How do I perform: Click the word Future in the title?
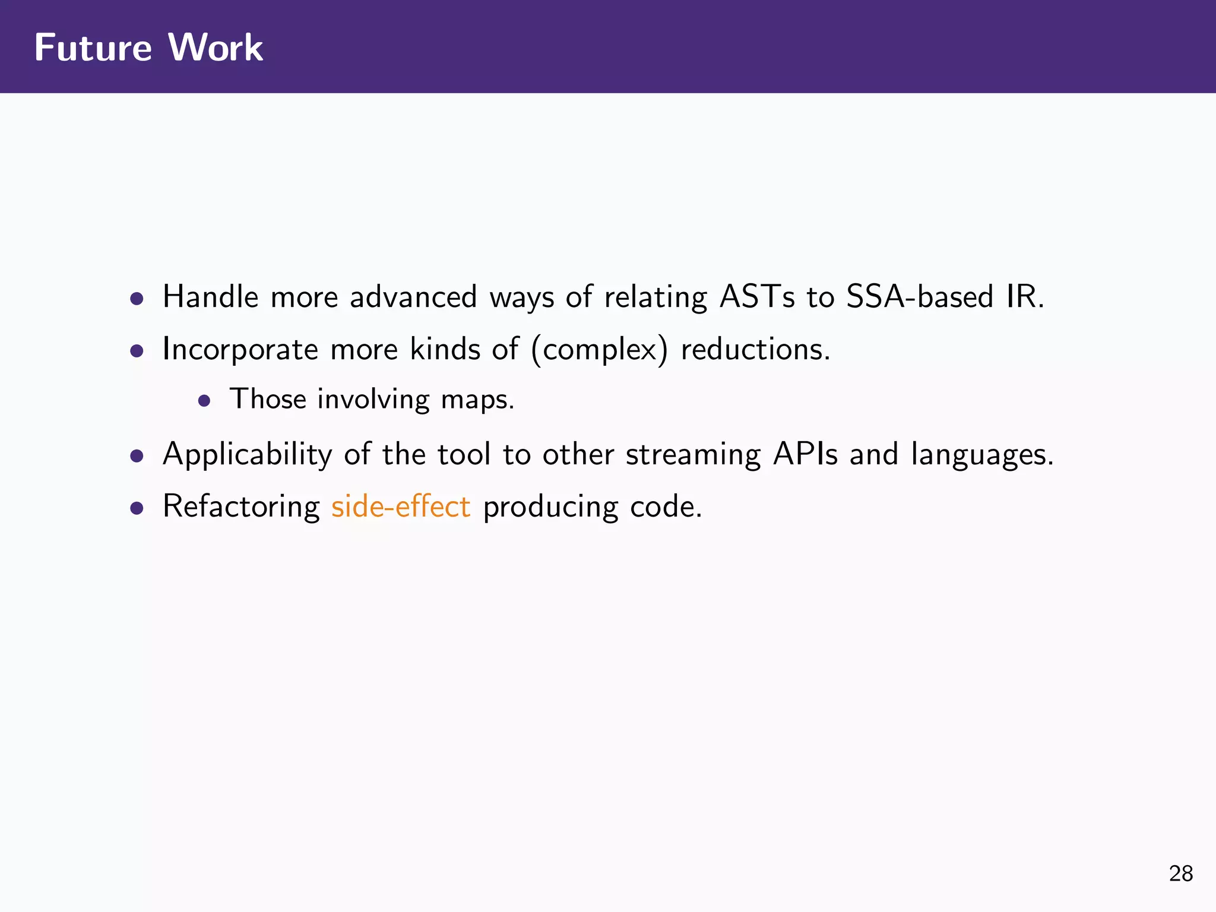coord(93,47)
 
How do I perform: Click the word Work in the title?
coord(216,47)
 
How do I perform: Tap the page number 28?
coord(1180,873)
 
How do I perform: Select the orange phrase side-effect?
coord(401,506)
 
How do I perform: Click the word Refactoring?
coord(241,507)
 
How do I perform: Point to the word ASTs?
coord(756,296)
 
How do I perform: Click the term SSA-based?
coord(920,296)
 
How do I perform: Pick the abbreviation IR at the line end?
coord(1025,296)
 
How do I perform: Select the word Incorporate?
coord(240,349)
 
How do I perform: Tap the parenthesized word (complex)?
coord(599,349)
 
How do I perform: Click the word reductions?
coord(755,349)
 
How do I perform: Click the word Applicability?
coord(247,455)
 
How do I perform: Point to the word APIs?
coord(805,454)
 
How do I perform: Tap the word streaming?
coord(693,455)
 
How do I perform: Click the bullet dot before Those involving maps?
coord(204,401)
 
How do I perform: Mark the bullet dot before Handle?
coord(137,298)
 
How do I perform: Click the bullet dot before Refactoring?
coord(137,508)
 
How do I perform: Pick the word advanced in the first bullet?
coord(413,296)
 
